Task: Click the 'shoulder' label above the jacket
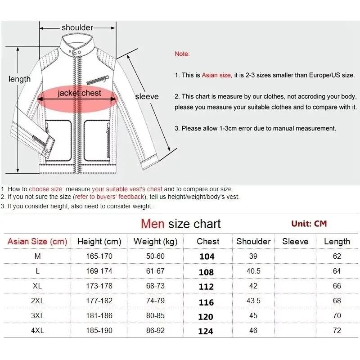[x=77, y=27]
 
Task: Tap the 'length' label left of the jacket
[x=20, y=79]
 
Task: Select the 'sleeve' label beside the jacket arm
[x=147, y=96]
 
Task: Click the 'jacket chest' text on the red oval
[x=79, y=93]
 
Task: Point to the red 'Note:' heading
[x=182, y=54]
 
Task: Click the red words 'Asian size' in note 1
[x=216, y=75]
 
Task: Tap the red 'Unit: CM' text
[x=309, y=224]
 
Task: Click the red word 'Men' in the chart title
[x=153, y=224]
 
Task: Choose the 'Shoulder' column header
[x=253, y=242]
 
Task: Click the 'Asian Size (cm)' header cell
[x=37, y=242]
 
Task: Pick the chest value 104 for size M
[x=207, y=256]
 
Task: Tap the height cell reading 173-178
[x=99, y=286]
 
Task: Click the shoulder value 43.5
[x=253, y=301]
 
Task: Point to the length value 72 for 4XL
[x=337, y=331]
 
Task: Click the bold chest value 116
[x=206, y=301]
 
